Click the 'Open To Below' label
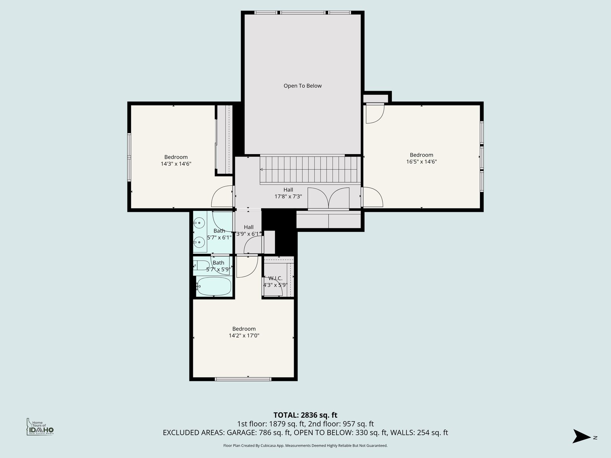pos(302,86)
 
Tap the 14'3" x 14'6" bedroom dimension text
pos(176,164)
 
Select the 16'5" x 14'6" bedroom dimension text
pos(422,161)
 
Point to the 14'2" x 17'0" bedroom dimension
pos(244,335)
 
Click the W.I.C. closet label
pos(275,278)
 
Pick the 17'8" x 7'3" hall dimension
pos(288,196)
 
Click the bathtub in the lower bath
pos(213,286)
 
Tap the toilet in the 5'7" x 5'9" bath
pos(201,266)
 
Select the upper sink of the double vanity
pos(199,223)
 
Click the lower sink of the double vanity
pos(199,242)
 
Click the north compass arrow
pos(581,436)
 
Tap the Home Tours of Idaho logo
pos(40,427)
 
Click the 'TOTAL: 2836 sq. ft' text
pos(305,415)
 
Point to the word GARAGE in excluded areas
pos(241,433)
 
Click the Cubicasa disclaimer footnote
pos(305,445)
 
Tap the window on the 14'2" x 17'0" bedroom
pos(243,379)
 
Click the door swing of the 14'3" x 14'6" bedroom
pos(221,196)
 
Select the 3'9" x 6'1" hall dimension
pos(249,234)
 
